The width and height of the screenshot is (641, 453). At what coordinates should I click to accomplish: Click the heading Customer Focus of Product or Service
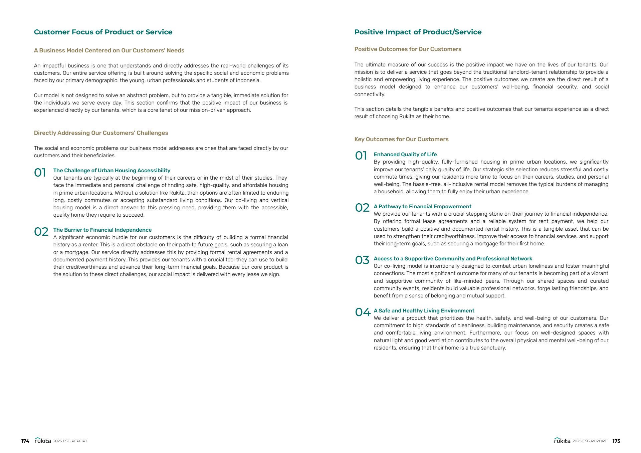click(x=103, y=32)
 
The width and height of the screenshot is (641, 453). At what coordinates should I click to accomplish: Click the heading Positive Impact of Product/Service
click(x=418, y=32)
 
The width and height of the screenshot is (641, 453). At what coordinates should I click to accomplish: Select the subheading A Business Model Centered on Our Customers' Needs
click(x=109, y=50)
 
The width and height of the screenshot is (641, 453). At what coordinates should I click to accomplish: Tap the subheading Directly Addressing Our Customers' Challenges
click(x=101, y=133)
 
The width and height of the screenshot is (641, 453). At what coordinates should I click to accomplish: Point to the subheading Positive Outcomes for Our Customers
click(x=408, y=49)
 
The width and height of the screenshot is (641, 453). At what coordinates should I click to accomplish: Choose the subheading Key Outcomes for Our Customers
click(x=401, y=139)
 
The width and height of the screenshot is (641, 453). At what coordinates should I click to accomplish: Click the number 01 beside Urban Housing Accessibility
click(x=40, y=173)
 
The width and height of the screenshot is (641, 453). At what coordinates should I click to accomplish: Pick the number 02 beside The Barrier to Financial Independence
click(x=41, y=232)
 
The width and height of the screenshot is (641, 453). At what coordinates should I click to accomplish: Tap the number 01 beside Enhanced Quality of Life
click(x=361, y=156)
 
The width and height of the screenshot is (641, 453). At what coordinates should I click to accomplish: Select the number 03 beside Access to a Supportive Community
click(x=362, y=260)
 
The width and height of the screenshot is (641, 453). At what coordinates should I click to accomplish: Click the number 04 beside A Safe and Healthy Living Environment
click(x=363, y=312)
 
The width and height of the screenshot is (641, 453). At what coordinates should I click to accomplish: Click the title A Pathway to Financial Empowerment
click(x=422, y=207)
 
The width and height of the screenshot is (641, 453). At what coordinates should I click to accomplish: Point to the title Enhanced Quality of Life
click(x=405, y=154)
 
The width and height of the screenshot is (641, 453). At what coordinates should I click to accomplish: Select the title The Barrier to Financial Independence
click(x=102, y=230)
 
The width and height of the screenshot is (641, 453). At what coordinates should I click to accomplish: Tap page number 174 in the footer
click(x=25, y=441)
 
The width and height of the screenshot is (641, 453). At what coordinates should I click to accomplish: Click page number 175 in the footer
click(x=616, y=441)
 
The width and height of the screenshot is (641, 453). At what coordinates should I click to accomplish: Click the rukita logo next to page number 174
click(x=43, y=441)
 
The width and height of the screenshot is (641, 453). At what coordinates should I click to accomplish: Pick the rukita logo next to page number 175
click(x=562, y=441)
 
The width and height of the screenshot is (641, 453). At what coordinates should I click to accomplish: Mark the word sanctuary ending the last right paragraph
click(x=494, y=348)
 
